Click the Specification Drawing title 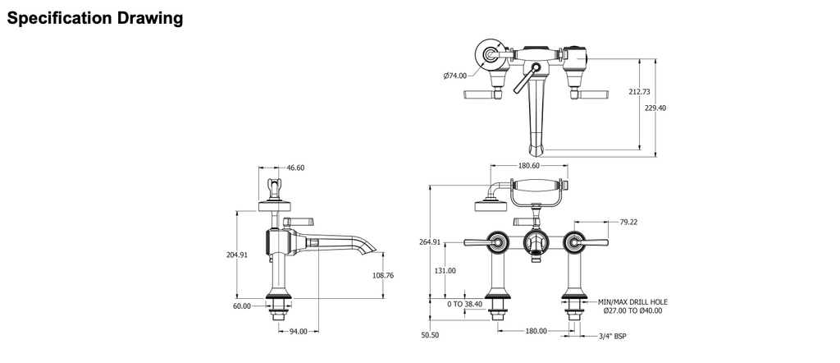click(x=95, y=18)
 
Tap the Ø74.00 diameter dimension click(x=454, y=76)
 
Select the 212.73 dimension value click(x=639, y=92)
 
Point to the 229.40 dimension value click(x=655, y=108)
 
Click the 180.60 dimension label click(x=529, y=166)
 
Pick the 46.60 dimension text click(x=295, y=168)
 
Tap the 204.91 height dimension click(x=237, y=255)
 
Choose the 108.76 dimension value click(x=383, y=276)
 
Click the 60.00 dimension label click(x=242, y=306)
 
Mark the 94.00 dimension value click(x=299, y=331)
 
